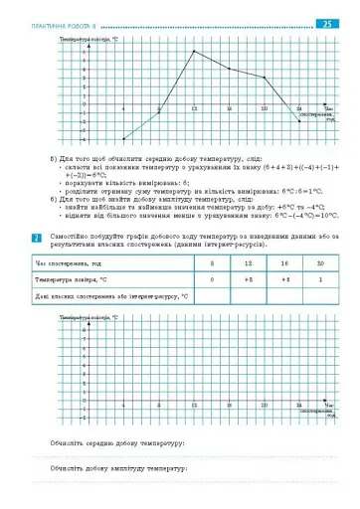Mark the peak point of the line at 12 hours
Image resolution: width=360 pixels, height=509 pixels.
(194, 51)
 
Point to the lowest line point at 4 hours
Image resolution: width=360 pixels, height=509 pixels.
(123, 139)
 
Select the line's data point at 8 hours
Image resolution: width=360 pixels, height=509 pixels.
(159, 112)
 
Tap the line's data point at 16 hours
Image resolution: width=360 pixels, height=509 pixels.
(229, 69)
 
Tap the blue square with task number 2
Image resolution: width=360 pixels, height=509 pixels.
(37, 238)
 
